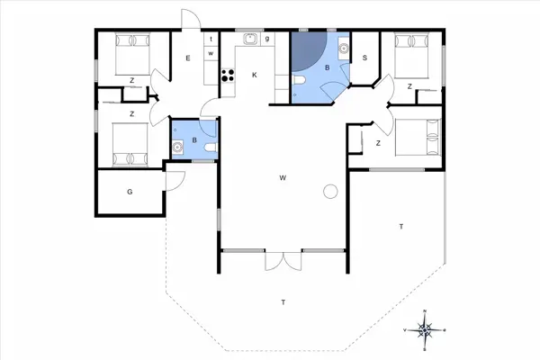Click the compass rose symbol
coord(427,329)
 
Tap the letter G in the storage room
coord(130,191)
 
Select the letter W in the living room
coord(283,178)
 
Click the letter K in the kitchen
coord(255,75)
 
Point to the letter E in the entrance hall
coord(187,58)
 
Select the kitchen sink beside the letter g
coord(249,39)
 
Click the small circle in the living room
coord(329,191)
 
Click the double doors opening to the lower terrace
coord(282,260)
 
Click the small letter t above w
coord(209,40)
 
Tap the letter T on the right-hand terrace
coord(400,227)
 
